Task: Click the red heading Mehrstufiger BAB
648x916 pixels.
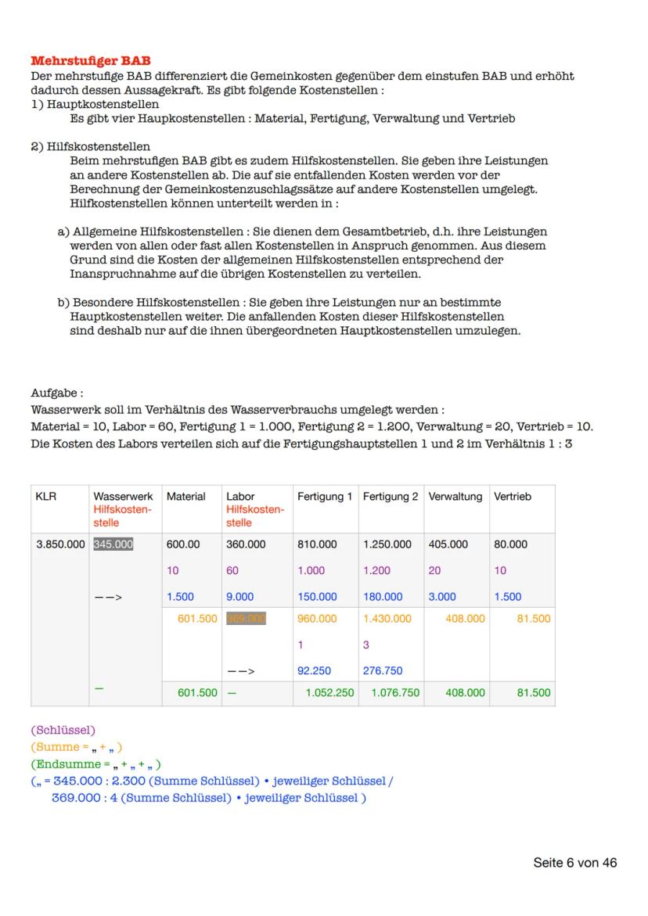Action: pos(91,61)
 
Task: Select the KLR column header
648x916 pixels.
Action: pos(46,497)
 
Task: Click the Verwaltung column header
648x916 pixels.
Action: pos(455,497)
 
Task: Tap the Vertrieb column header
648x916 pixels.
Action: pos(512,497)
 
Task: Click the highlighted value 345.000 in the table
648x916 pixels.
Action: pos(113,544)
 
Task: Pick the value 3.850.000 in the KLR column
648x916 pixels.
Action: pos(60,544)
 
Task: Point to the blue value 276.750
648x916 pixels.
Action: pos(382,670)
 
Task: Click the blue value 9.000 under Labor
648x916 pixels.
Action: pos(239,597)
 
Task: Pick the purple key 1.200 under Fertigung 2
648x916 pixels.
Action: pos(376,571)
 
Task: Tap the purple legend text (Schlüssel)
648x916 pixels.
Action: pos(63,730)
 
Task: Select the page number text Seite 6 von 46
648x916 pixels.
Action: pos(574,863)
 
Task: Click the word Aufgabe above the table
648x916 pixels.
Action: pos(56,393)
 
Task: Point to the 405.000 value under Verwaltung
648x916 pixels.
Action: pos(448,544)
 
